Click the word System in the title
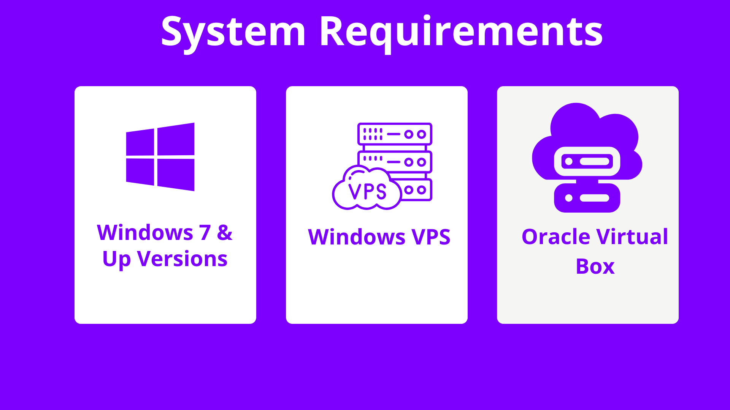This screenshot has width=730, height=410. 233,32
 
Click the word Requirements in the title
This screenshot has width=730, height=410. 461,32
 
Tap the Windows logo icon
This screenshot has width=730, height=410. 160,157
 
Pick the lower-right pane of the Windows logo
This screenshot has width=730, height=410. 176,174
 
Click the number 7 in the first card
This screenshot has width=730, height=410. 205,232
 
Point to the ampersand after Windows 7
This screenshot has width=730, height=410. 225,232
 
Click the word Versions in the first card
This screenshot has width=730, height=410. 182,259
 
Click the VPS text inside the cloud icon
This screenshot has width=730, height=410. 367,191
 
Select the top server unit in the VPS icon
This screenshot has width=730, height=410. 395,134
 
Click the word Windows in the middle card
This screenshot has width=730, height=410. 357,237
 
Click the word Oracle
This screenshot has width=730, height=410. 555,237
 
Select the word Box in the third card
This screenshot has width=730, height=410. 595,266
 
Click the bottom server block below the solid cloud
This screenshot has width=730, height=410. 587,198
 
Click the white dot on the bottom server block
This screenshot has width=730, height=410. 569,198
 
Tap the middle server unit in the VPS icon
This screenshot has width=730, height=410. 395,162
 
